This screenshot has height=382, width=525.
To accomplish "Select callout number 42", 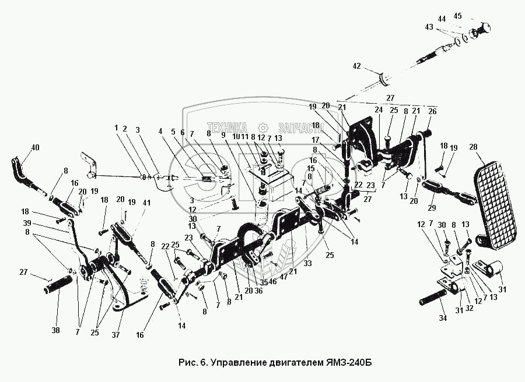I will click(356, 66).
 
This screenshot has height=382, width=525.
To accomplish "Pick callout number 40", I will click(36, 147).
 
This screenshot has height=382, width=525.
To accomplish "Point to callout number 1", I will click(116, 128).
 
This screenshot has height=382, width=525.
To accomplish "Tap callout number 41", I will click(146, 203).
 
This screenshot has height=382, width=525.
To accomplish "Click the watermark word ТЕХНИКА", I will click(226, 128).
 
